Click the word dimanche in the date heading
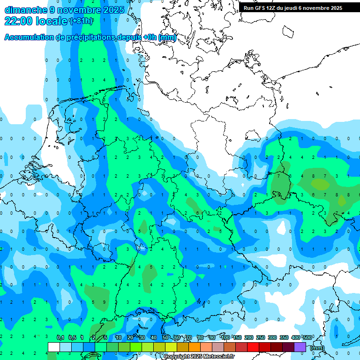click(24, 10)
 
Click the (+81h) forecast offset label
click(81, 21)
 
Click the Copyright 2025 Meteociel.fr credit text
click(199, 357)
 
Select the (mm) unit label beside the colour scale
click(317, 348)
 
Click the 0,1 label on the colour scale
click(60, 338)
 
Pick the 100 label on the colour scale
click(225, 338)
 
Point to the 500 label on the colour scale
click(307, 338)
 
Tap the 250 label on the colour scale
click(261, 338)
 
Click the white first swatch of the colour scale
click(54, 347)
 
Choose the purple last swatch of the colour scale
click(300, 347)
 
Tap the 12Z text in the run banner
click(271, 8)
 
